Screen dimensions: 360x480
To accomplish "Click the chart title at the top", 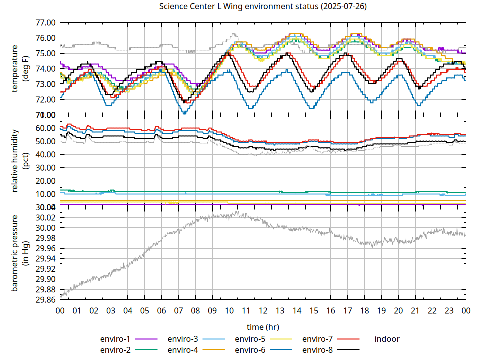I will click(263, 7).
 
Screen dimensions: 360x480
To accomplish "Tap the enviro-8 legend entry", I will click(318, 349).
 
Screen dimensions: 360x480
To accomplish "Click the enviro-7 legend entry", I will click(318, 339).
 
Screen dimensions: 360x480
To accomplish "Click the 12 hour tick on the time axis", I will click(263, 310).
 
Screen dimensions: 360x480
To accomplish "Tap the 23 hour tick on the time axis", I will click(449, 310).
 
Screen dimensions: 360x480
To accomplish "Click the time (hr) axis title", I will click(263, 327).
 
